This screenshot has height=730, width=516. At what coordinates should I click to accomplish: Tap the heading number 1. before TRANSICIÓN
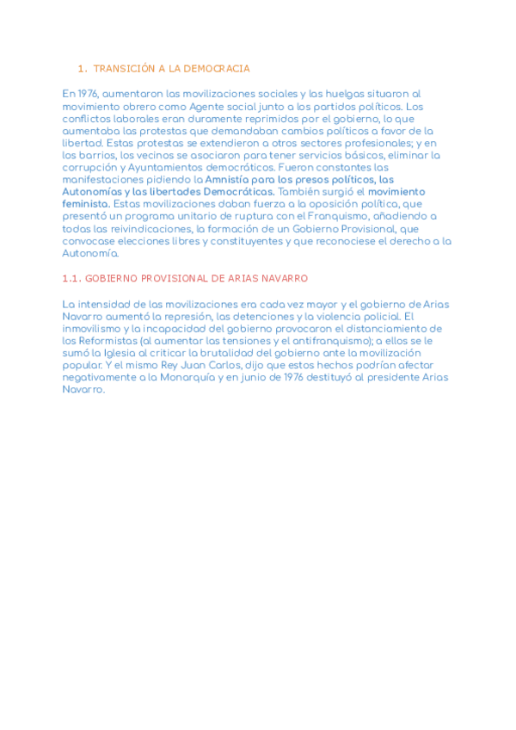[83, 68]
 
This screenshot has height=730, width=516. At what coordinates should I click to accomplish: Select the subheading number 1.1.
[72, 279]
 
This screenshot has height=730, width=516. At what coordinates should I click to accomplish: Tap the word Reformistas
[105, 340]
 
